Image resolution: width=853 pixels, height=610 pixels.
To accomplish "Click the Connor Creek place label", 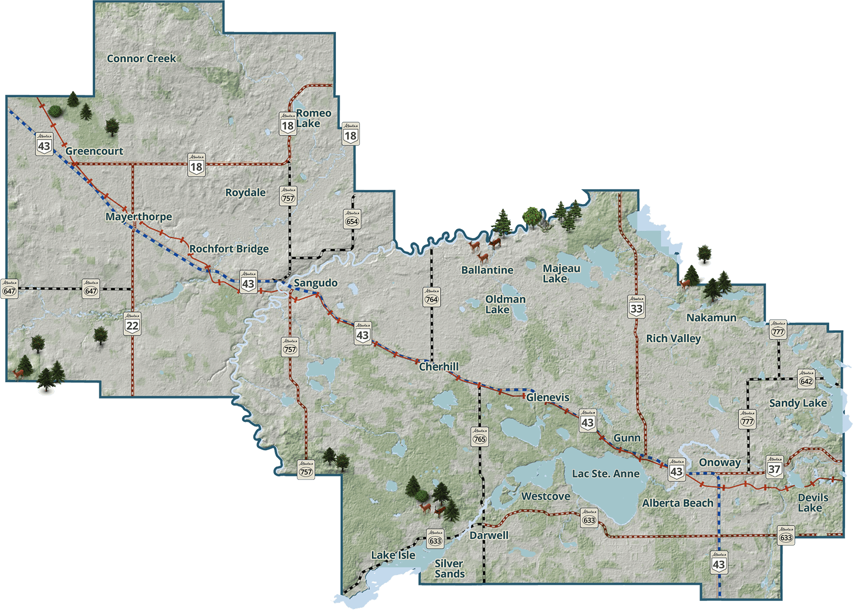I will point(141,59).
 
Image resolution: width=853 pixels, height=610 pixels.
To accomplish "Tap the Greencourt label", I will point(94,151).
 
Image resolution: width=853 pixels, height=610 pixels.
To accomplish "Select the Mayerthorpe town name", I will point(139,217).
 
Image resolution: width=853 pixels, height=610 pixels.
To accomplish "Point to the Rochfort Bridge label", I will point(229,249).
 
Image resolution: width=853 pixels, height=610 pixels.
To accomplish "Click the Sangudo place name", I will point(316,283).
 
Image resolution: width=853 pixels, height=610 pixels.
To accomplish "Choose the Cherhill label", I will point(439,367).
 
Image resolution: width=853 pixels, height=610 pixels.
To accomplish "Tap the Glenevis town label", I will point(548,397).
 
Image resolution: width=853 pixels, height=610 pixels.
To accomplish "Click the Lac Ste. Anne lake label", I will point(606,474).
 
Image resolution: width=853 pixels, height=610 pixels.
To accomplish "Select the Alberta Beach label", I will point(678,503).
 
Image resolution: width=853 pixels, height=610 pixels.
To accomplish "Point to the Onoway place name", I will point(720,462).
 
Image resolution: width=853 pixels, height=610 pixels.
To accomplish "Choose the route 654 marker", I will point(352,219).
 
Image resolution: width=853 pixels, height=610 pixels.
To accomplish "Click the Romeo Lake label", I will point(312,118).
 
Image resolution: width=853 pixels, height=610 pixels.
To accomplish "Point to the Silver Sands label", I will point(449,568).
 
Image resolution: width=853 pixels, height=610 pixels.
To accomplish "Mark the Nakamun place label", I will point(711,318).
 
